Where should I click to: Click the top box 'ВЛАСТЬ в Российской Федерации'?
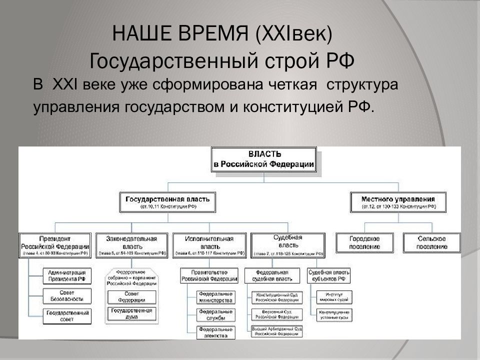[264, 159]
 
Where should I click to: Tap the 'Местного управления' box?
[391, 201]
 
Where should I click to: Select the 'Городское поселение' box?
[364, 242]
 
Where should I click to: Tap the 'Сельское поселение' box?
[432, 242]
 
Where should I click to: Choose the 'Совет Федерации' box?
[131, 296]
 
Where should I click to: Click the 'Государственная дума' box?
[131, 313]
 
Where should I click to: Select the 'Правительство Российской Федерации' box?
[209, 275]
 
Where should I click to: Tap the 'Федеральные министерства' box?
[215, 296]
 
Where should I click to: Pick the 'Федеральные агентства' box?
[215, 332]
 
